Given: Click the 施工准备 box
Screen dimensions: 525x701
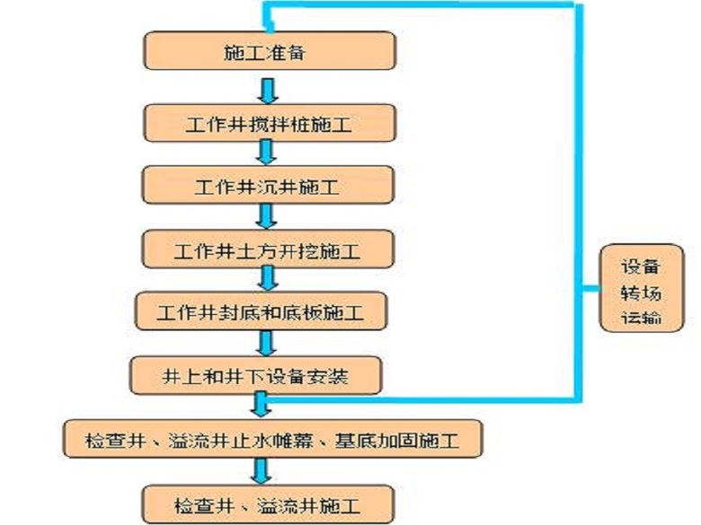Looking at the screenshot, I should click(x=269, y=52).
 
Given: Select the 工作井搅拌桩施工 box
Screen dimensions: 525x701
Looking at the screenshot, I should click(x=269, y=121).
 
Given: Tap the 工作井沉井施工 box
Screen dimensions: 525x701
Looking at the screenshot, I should click(x=269, y=186).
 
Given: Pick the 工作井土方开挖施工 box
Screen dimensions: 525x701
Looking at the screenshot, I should click(x=269, y=249).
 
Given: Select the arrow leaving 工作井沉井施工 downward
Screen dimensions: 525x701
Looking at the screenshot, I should click(x=266, y=215).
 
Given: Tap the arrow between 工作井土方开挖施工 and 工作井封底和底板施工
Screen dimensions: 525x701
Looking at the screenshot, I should click(x=266, y=279).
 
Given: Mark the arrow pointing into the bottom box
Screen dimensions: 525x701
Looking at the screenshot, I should click(x=261, y=470).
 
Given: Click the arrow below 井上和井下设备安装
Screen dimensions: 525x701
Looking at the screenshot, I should click(x=262, y=406).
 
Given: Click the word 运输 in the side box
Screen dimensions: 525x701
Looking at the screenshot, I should click(x=642, y=316).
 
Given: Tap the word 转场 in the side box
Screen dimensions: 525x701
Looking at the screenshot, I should click(x=642, y=291).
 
